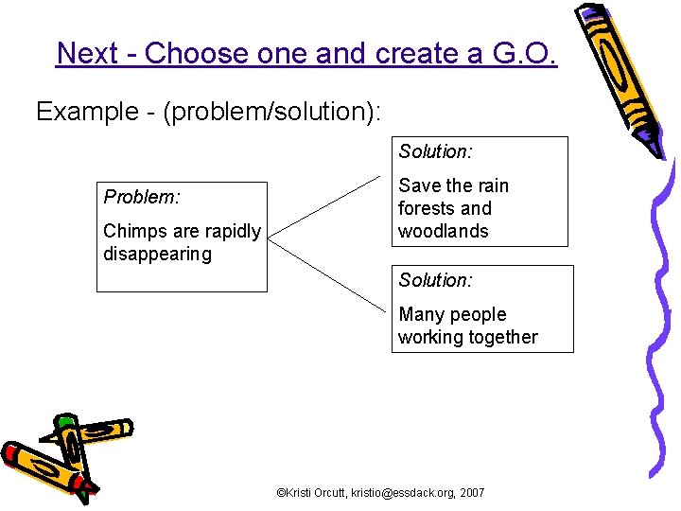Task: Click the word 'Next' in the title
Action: click(86, 53)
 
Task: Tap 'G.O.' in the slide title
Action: click(524, 53)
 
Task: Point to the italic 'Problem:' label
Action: click(141, 197)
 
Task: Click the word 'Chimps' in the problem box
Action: click(131, 231)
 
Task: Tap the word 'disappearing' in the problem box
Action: click(157, 254)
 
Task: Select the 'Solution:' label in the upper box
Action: click(435, 151)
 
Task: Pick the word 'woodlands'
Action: click(444, 231)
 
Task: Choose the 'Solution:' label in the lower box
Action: click(435, 280)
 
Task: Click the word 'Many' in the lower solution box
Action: click(420, 314)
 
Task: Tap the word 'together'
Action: click(503, 337)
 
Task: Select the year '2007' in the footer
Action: click(472, 493)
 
